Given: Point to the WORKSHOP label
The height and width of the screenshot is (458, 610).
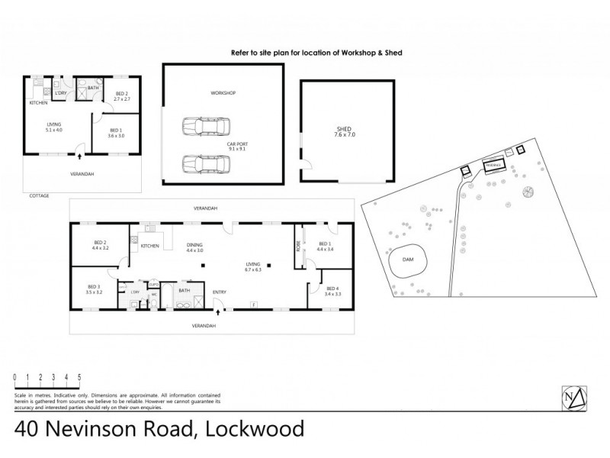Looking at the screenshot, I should click(x=223, y=93).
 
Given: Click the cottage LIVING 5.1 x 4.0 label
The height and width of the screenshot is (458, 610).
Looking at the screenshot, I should click(x=54, y=127).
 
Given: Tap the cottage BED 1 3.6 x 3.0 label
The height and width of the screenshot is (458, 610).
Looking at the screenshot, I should click(x=116, y=133).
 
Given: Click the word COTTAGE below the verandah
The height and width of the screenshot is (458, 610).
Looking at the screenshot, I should click(x=39, y=195).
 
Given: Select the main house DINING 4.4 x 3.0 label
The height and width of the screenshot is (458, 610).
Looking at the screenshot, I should click(x=194, y=247).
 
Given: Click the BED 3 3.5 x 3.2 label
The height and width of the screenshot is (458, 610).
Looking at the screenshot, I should click(x=94, y=289).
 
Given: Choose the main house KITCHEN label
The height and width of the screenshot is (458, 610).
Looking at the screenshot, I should click(x=149, y=246).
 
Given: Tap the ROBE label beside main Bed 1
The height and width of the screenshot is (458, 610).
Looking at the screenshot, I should click(x=298, y=247).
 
